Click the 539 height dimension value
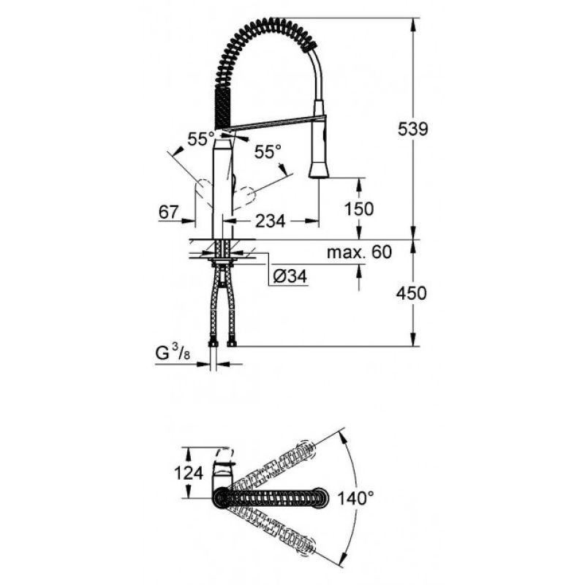click(413, 129)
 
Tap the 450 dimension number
click(411, 293)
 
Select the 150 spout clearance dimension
click(358, 209)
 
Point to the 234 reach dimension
click(270, 222)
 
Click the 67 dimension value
click(169, 212)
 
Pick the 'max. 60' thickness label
click(359, 252)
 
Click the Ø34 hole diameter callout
click(290, 276)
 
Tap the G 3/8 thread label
click(173, 353)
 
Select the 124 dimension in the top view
click(189, 473)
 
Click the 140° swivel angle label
click(355, 498)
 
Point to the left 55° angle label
click(201, 140)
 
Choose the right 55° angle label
click(268, 152)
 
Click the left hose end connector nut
click(213, 342)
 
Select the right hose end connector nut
click(232, 342)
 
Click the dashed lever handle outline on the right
click(244, 197)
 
